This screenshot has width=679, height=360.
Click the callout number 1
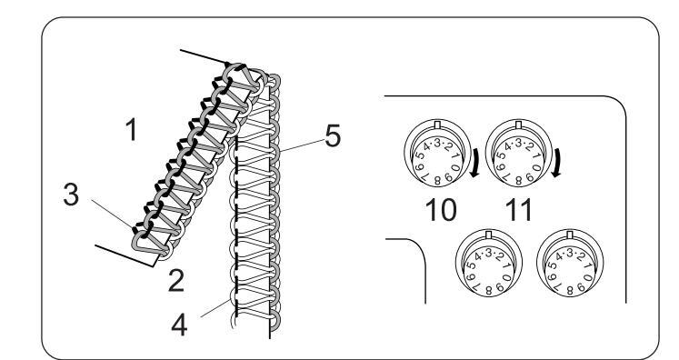(x=132, y=130)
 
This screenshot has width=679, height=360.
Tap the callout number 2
(x=175, y=281)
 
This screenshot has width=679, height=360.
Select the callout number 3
(x=71, y=195)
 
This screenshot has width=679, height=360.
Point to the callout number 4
(x=179, y=325)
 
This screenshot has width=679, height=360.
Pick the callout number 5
(x=333, y=136)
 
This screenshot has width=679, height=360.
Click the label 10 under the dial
(x=441, y=211)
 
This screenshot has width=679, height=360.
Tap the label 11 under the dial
(x=518, y=211)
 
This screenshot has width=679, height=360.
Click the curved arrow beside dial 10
(x=474, y=163)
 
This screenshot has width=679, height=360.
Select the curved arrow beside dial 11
(x=556, y=163)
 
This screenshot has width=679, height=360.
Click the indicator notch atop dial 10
(x=437, y=125)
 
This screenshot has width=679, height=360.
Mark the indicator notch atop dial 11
(x=519, y=125)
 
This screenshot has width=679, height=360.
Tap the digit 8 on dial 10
(x=437, y=181)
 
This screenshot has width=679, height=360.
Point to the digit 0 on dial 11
(x=537, y=167)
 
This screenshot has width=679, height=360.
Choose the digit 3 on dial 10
(x=437, y=143)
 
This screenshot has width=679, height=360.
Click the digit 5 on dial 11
(x=502, y=155)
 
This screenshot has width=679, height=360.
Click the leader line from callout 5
(x=303, y=145)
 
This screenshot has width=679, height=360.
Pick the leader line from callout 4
(x=216, y=308)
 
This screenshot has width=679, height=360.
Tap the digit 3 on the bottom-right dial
(x=569, y=253)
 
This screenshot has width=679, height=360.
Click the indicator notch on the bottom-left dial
(x=489, y=235)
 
